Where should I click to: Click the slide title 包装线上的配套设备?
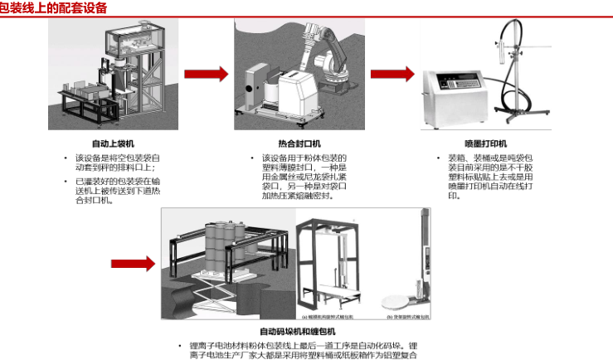point(53,7)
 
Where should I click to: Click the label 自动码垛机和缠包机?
point(296,331)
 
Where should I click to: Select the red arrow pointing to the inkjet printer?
point(392,74)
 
